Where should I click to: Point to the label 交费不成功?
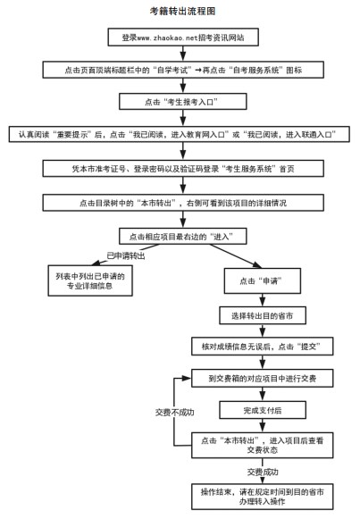tap(175, 412)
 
